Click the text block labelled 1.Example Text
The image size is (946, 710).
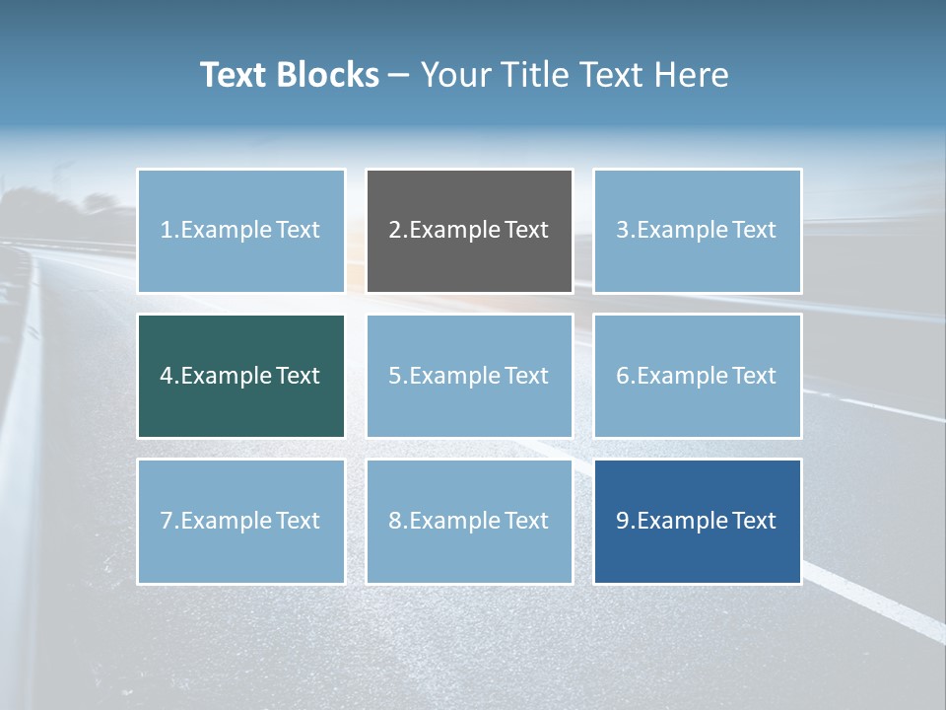point(240,231)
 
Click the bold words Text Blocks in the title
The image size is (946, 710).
point(290,75)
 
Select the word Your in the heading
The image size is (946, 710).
point(453,75)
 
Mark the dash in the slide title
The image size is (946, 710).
point(400,75)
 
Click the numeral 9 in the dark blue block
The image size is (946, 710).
point(623,521)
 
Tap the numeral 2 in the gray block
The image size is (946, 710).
point(395,230)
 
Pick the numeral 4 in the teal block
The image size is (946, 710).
point(167,376)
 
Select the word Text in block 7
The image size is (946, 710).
point(297,521)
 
